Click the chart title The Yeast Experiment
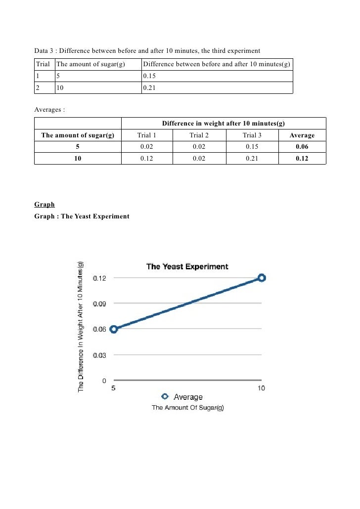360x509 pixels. pyautogui.click(x=187, y=267)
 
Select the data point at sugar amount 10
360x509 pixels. pyautogui.click(x=262, y=278)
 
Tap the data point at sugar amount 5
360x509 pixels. pyautogui.click(x=113, y=329)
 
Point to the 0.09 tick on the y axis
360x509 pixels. pyautogui.click(x=99, y=304)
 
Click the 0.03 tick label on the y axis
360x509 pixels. pyautogui.click(x=99, y=355)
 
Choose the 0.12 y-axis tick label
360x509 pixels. pyautogui.click(x=99, y=278)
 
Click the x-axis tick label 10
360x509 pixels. pyautogui.click(x=261, y=388)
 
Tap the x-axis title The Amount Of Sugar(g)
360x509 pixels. pyautogui.click(x=187, y=408)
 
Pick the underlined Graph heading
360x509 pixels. pyautogui.click(x=45, y=205)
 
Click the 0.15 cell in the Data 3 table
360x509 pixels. pyautogui.click(x=149, y=77)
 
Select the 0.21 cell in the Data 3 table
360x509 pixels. pyautogui.click(x=149, y=88)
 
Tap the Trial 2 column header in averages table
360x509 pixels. pyautogui.click(x=199, y=135)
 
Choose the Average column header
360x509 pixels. pyautogui.click(x=302, y=135)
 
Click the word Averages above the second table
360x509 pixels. pyautogui.click(x=49, y=109)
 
